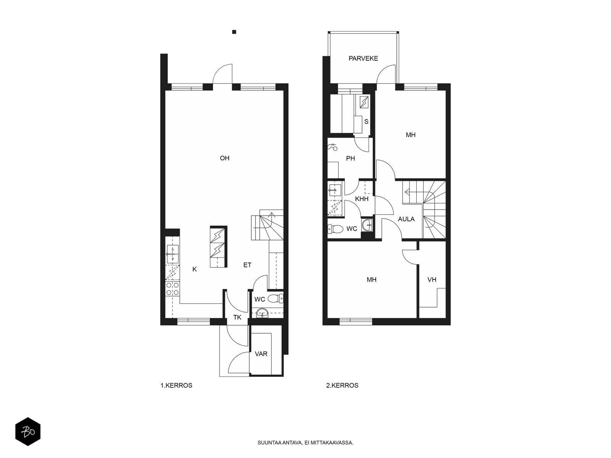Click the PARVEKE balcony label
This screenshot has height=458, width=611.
(x=363, y=58)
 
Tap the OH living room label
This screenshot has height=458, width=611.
(x=225, y=158)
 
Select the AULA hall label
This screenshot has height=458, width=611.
(x=406, y=219)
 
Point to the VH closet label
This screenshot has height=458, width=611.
(x=432, y=280)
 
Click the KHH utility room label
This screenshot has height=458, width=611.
(x=362, y=199)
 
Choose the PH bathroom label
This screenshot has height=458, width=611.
(x=351, y=158)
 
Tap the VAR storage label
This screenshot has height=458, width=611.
(x=261, y=354)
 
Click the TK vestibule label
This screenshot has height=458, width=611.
(x=237, y=318)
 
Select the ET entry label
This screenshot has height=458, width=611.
(x=247, y=265)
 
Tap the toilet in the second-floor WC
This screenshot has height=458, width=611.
(x=335, y=229)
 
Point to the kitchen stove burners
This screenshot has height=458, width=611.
(x=172, y=289)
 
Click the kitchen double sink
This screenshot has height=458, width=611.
(x=173, y=254)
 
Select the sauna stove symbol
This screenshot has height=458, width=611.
(x=364, y=102)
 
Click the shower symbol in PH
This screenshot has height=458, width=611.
(x=332, y=147)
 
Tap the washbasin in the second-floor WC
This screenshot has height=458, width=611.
(x=367, y=225)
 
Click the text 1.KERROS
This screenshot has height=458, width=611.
(x=176, y=385)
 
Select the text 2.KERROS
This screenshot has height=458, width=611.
(x=342, y=385)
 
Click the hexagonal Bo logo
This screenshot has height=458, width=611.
(x=28, y=432)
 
